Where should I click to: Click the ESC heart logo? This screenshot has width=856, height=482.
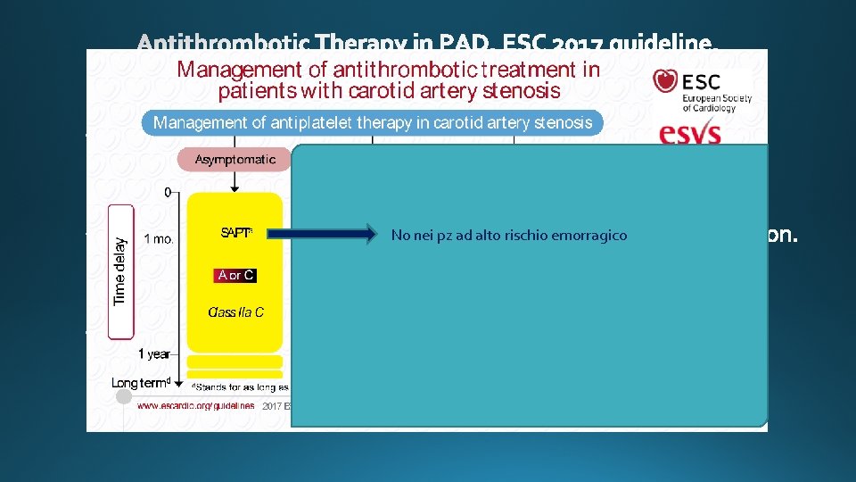click(665, 82)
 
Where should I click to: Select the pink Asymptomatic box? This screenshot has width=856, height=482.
click(235, 159)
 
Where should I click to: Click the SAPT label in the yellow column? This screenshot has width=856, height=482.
click(236, 234)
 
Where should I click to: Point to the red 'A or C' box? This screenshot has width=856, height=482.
click(235, 276)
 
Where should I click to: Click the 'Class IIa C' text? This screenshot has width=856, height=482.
click(235, 312)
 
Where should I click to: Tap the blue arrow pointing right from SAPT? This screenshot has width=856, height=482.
click(323, 235)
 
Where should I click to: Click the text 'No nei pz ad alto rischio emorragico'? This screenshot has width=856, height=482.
click(509, 236)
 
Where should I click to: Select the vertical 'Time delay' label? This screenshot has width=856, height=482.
click(120, 270)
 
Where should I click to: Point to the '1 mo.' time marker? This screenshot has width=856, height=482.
click(159, 239)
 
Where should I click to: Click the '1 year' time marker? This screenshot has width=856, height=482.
click(154, 354)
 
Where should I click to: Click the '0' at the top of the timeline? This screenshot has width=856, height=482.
click(168, 192)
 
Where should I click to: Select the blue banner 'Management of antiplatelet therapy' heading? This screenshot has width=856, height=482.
click(373, 123)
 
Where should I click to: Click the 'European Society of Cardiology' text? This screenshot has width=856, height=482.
click(717, 98)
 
